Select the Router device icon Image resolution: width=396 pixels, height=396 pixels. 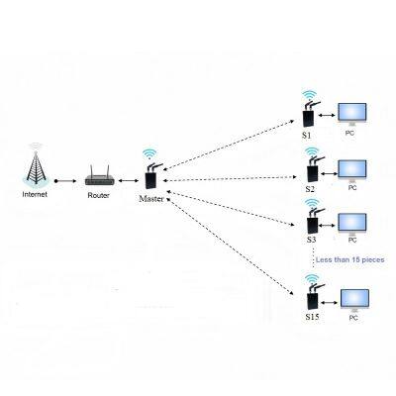point(99,178)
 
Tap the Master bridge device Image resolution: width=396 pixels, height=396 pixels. point(150,179)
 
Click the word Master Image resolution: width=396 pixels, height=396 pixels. point(151,200)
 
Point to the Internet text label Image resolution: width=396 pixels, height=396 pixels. point(35,195)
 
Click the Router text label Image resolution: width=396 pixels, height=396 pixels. point(99,195)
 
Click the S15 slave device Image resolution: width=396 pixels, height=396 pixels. point(311,297)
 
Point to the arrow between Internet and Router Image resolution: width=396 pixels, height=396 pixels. point(66,181)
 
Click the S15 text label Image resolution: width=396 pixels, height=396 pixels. point(310,317)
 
